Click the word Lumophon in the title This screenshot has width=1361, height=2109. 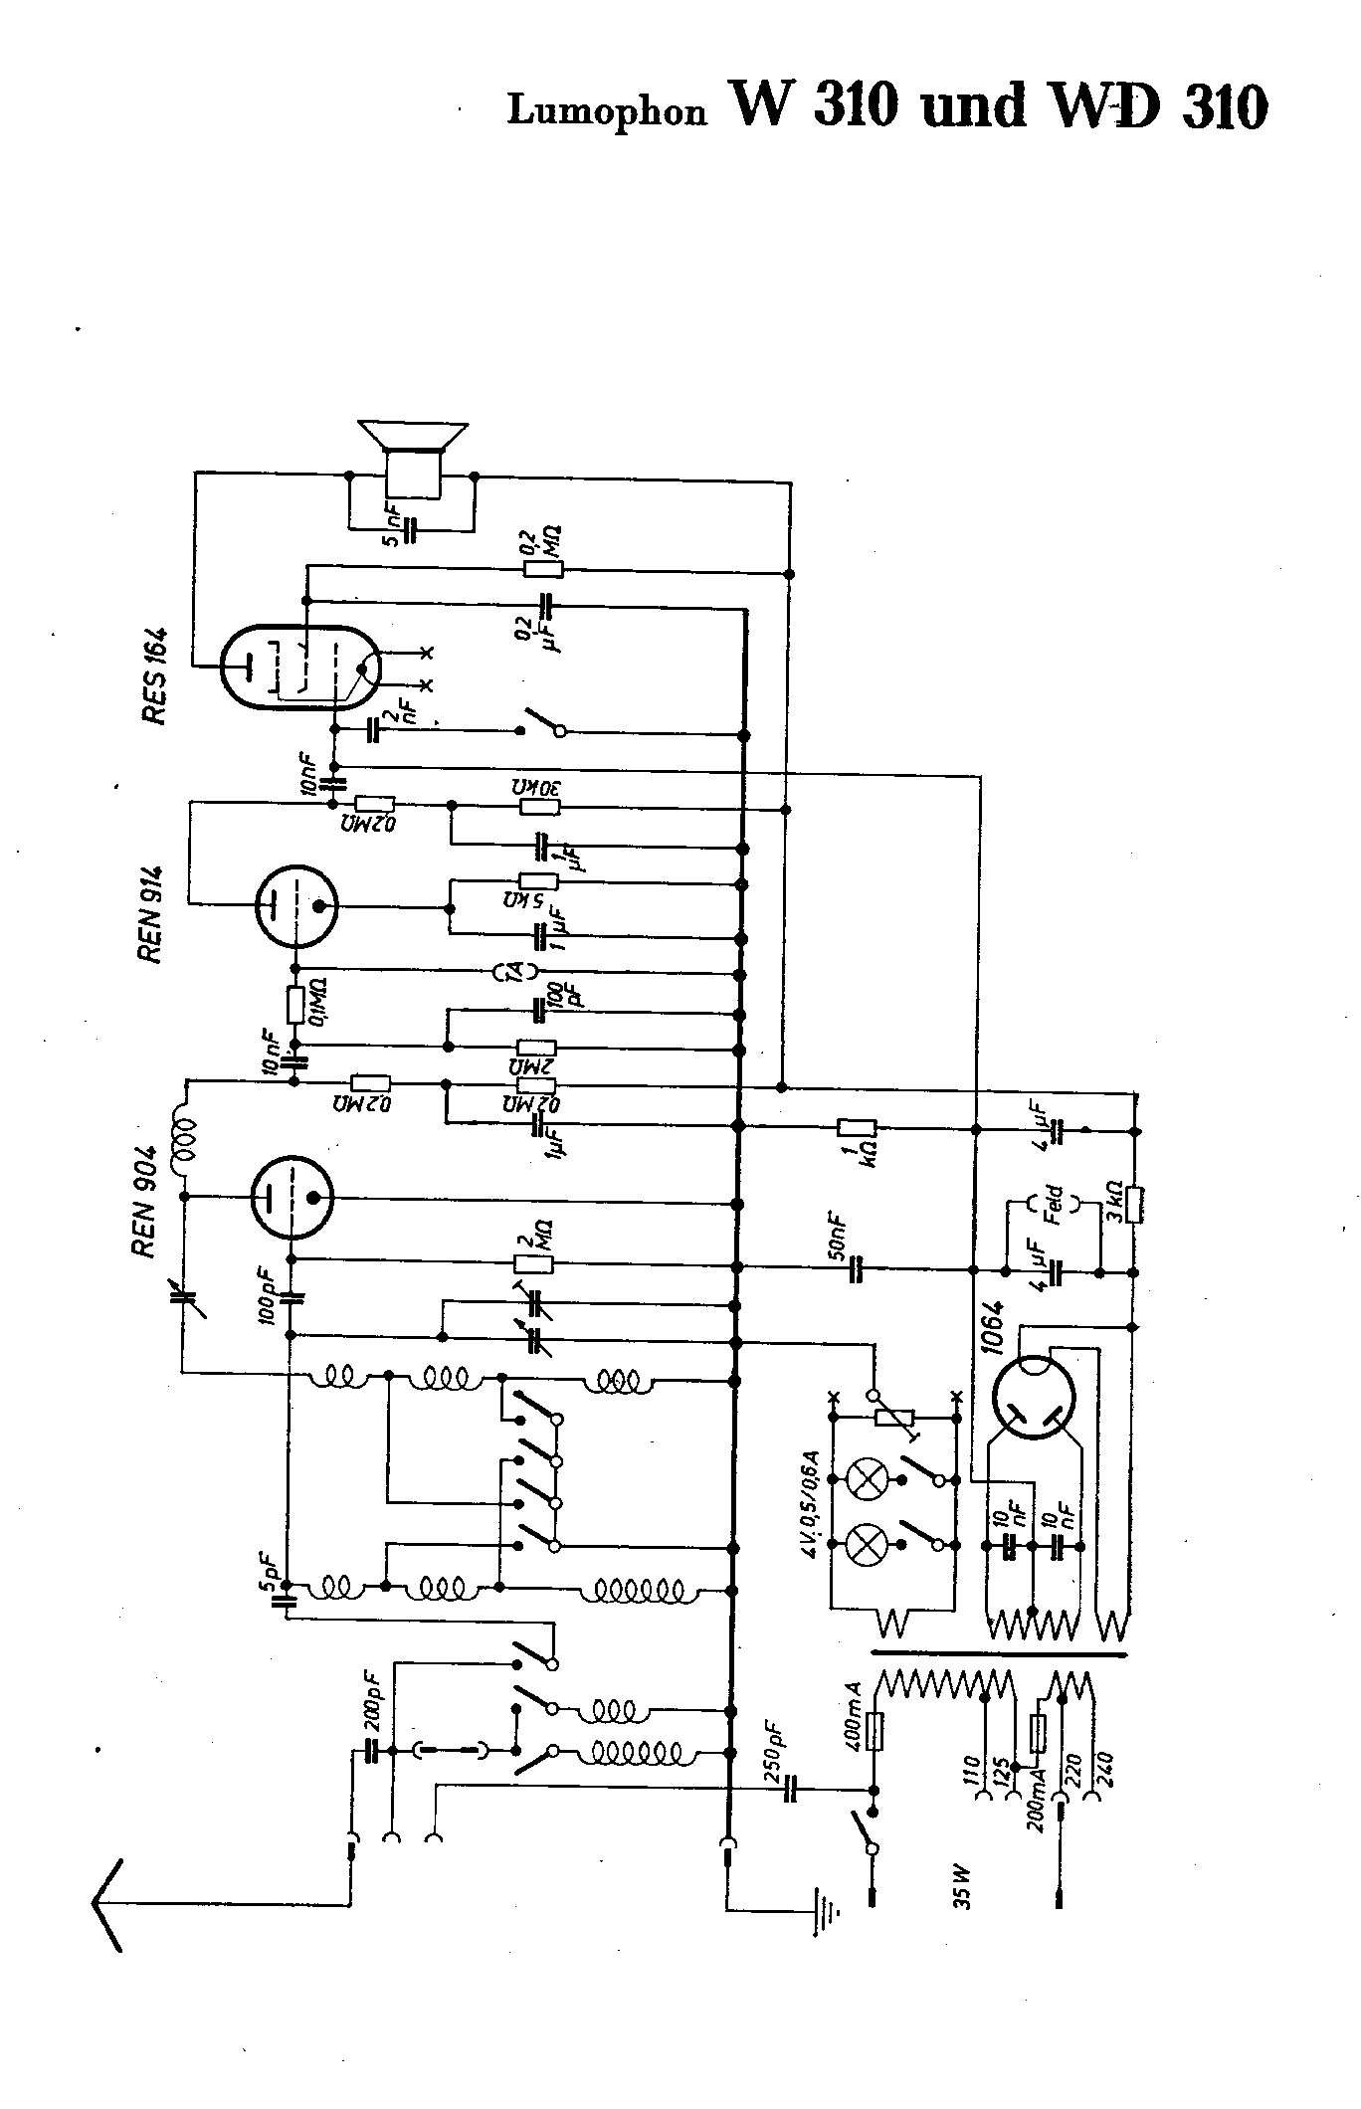click(x=607, y=111)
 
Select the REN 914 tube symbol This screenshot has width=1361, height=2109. click(x=295, y=906)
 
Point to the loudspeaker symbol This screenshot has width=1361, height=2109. click(x=413, y=458)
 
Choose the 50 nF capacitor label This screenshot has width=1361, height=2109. click(x=841, y=1232)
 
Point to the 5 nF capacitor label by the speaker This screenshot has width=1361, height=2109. click(x=394, y=528)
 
